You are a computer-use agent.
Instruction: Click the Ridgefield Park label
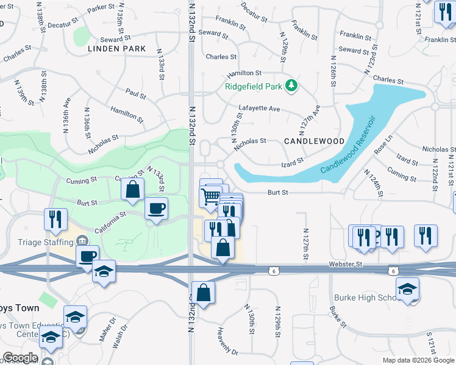(254, 86)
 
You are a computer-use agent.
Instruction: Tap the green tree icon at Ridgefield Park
(292, 86)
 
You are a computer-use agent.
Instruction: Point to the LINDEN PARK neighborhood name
(116, 48)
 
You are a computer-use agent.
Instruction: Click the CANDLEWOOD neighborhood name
(314, 141)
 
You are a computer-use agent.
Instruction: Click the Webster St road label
(346, 264)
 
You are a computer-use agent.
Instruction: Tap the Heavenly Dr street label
(227, 341)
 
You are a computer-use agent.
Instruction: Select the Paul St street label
(135, 94)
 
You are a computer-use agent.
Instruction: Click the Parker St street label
(101, 9)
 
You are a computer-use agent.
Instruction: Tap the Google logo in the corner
(20, 358)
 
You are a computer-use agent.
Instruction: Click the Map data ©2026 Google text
(418, 360)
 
